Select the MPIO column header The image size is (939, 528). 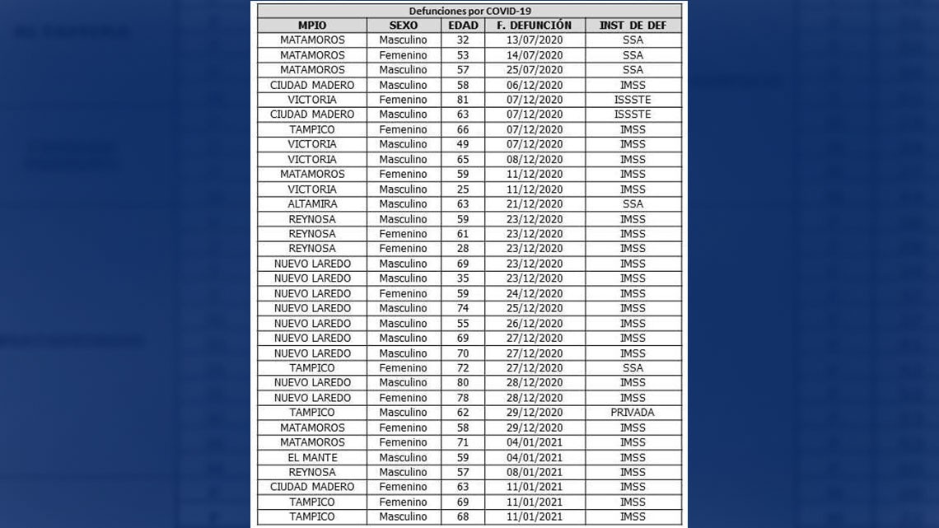click(312, 26)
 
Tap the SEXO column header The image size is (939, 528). click(403, 26)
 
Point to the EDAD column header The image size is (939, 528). click(462, 26)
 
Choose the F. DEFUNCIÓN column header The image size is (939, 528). click(535, 26)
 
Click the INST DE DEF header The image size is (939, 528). click(633, 26)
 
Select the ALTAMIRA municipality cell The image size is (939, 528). click(312, 204)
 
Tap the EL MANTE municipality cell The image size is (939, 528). click(312, 458)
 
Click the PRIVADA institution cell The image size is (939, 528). click(633, 413)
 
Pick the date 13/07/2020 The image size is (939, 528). click(535, 40)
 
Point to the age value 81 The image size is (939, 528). click(462, 100)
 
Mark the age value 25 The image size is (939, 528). click(462, 189)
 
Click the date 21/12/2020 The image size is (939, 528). click(535, 204)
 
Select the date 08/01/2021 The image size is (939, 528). click(535, 473)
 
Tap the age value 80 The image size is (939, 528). click(462, 383)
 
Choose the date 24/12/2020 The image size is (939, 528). click(535, 293)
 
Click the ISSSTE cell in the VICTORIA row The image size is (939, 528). click(633, 100)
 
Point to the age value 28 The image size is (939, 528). click(462, 249)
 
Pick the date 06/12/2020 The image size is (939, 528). click(535, 85)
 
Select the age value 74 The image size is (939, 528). click(462, 308)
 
